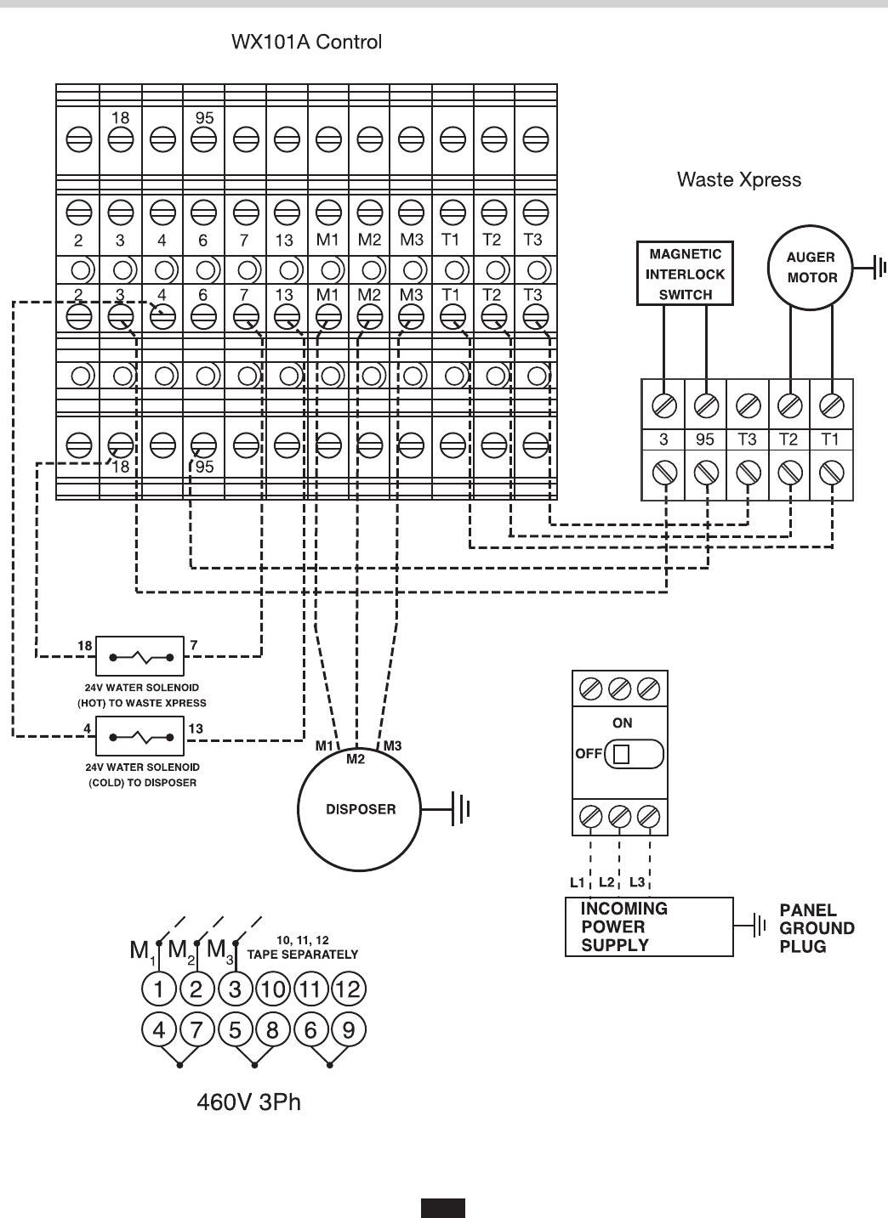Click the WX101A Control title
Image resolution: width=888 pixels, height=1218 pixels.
click(307, 42)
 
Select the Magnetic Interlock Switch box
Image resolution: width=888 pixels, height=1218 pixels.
click(685, 274)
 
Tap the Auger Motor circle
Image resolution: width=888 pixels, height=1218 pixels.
click(811, 268)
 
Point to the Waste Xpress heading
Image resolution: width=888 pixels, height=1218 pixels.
click(738, 179)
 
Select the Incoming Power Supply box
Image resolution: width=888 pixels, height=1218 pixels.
click(649, 927)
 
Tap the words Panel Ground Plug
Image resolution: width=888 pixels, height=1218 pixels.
click(817, 927)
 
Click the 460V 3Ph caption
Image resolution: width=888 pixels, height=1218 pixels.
click(249, 1102)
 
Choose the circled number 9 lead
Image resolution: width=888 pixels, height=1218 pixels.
click(349, 1030)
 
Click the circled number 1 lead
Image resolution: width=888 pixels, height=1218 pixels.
click(159, 989)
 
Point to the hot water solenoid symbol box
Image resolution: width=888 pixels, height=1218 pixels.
click(140, 657)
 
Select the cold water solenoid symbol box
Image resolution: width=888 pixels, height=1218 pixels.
click(140, 736)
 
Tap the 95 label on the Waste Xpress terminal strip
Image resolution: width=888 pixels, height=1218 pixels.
click(705, 439)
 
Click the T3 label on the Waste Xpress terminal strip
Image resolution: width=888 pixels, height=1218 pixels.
click(747, 439)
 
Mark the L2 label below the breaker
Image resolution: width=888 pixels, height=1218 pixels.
click(606, 881)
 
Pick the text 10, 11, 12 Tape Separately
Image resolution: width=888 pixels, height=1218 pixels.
click(302, 948)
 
